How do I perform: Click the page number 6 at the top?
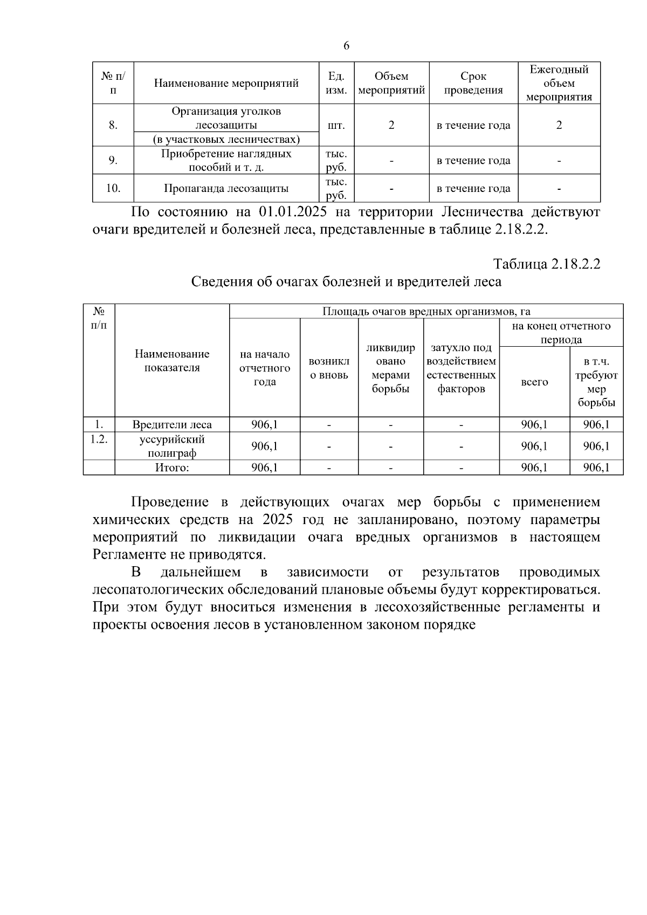(x=346, y=46)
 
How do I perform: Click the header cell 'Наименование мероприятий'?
(x=226, y=84)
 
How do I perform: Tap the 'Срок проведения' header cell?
(x=473, y=84)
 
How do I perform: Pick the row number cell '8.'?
(x=113, y=126)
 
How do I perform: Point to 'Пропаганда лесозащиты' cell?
(x=226, y=189)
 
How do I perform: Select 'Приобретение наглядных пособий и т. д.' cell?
(x=226, y=161)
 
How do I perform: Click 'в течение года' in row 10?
(x=473, y=189)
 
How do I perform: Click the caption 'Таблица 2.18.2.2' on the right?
(x=546, y=264)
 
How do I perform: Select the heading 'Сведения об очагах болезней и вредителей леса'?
(x=346, y=282)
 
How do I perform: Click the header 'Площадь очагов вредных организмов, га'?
(x=426, y=312)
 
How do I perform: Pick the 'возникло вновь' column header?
(x=329, y=368)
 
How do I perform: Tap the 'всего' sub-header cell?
(x=534, y=382)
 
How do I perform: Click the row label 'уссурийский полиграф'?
(x=172, y=446)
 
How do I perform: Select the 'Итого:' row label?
(x=172, y=468)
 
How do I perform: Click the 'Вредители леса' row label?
(x=172, y=425)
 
